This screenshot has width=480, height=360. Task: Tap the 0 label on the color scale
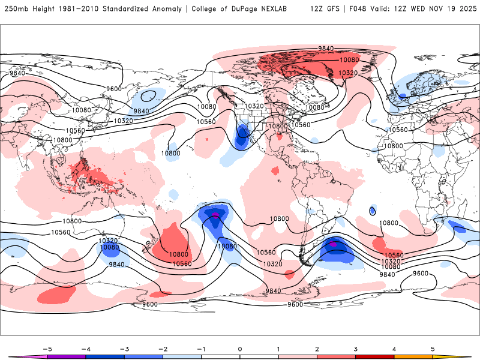[x=239, y=348]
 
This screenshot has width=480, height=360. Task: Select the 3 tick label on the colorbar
[x=355, y=348]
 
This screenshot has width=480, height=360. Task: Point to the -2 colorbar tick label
[x=162, y=348]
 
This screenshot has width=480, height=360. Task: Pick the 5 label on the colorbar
[x=433, y=348]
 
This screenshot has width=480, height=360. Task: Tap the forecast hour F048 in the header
[x=358, y=9]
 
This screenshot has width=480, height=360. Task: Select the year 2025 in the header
[x=467, y=9]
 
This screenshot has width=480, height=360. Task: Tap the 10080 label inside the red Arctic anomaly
[x=349, y=60]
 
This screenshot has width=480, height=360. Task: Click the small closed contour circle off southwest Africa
[x=373, y=211]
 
